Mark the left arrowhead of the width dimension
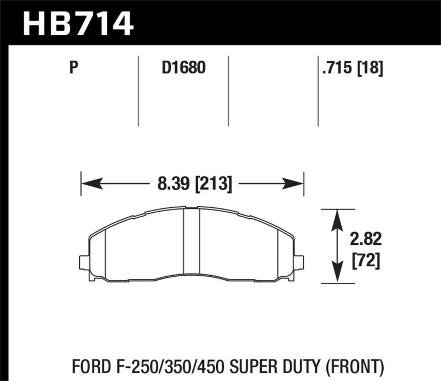pyautogui.click(x=87, y=183)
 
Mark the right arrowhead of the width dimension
pyautogui.click(x=298, y=183)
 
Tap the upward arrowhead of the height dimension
pyautogui.click(x=337, y=216)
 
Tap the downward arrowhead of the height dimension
pyautogui.click(x=337, y=277)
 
